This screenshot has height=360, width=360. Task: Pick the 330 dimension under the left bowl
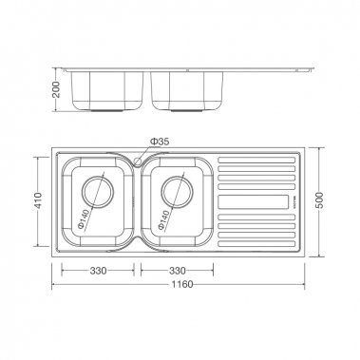(x=97, y=271)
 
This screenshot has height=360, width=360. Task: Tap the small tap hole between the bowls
(x=139, y=161)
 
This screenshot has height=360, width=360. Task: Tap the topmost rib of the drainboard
(x=252, y=160)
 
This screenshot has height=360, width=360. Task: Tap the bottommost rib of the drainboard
(x=252, y=246)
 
